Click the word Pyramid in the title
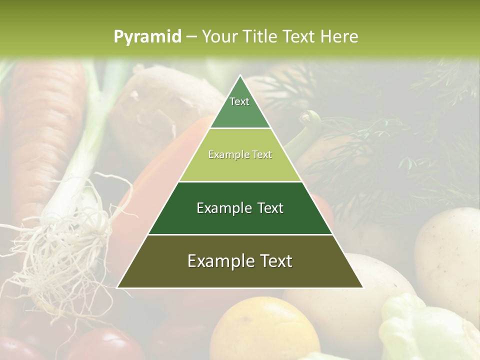(147, 37)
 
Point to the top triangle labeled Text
(240, 107)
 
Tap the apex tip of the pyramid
(240, 76)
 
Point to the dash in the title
(191, 37)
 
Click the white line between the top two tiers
(240, 128)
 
